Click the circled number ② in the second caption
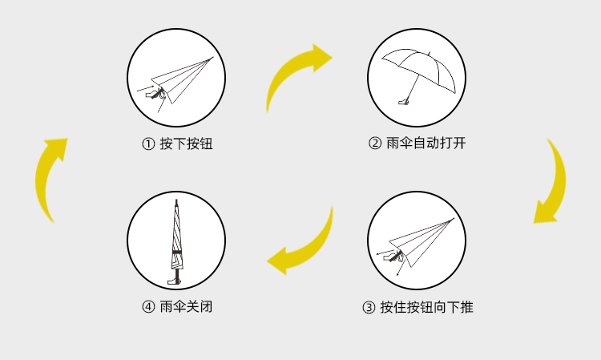(x=374, y=144)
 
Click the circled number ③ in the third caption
(x=369, y=307)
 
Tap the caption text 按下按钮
(x=186, y=144)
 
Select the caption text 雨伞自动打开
(x=426, y=144)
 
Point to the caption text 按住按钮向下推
(x=426, y=307)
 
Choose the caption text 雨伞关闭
(x=186, y=307)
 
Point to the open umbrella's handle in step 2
(x=405, y=101)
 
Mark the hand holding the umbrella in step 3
(x=395, y=256)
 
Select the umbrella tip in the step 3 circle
(x=453, y=219)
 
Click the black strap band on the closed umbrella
(x=175, y=253)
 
